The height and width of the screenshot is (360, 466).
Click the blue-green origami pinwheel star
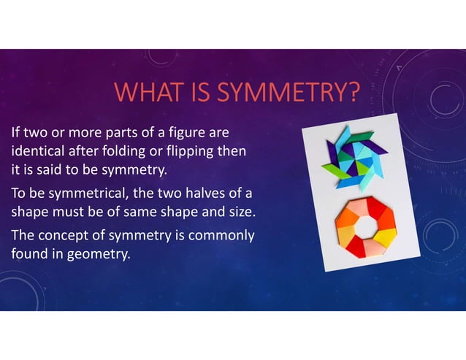coord(353,162)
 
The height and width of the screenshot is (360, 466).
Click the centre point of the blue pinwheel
coord(352,162)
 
